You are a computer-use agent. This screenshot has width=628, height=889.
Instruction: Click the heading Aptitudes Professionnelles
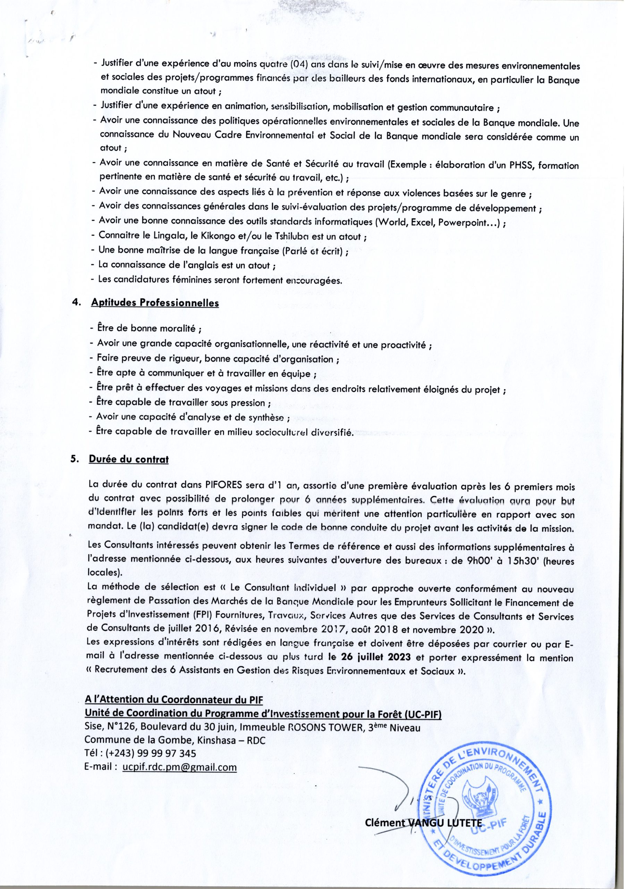pyautogui.click(x=155, y=303)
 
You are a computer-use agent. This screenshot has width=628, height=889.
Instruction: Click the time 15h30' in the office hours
pyautogui.click(x=523, y=561)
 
